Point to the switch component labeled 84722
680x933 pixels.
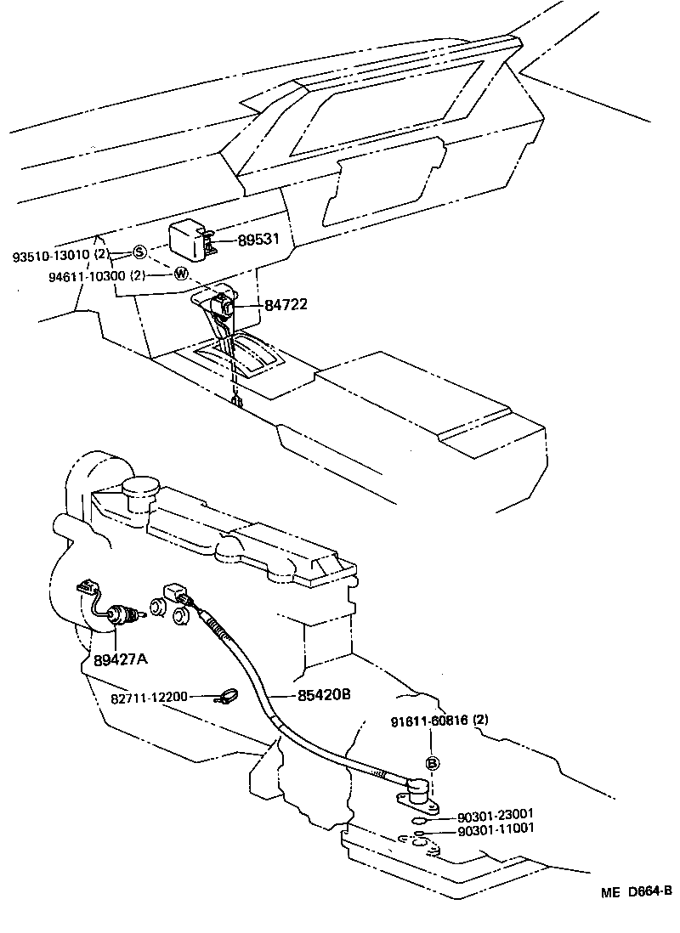point(223,303)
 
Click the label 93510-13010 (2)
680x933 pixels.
point(61,254)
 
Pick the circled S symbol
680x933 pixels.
point(139,252)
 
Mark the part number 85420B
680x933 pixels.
point(323,695)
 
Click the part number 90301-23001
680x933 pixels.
point(496,813)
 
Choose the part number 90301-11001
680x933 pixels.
point(496,829)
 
